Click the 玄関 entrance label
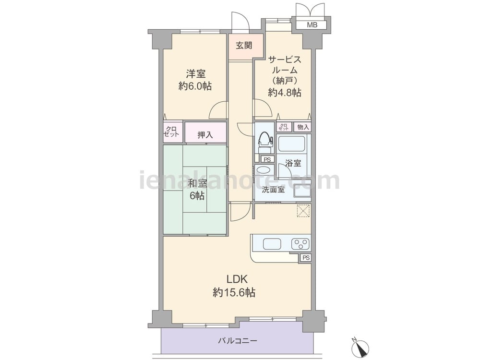tap(244, 46)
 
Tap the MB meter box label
tap(312, 25)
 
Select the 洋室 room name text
tap(196, 74)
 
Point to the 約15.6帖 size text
tap(234, 293)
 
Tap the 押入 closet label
tap(205, 134)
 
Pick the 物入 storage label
tap(303, 127)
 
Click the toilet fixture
tap(265, 143)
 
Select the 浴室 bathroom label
tap(293, 163)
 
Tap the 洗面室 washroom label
tap(274, 190)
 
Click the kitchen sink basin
tap(272, 244)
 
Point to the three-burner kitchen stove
tap(300, 244)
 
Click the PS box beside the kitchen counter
tap(306, 258)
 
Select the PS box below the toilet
tap(267, 159)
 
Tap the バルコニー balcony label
tap(238, 340)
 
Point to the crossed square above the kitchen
tap(303, 211)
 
